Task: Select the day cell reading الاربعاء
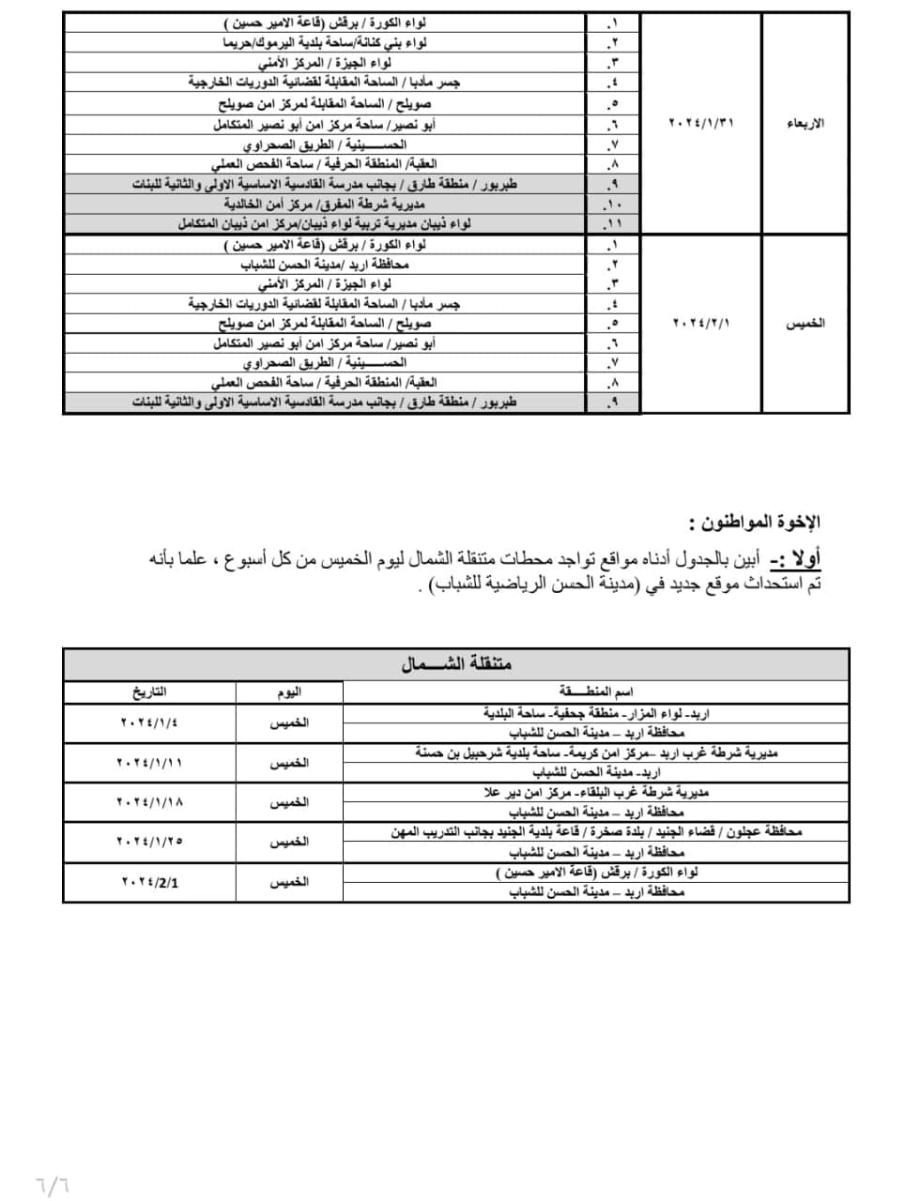805,124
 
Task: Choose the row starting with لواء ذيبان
325,224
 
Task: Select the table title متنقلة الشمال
456,664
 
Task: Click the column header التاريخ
148,692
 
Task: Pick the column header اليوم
289,692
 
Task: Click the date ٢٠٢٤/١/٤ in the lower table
149,722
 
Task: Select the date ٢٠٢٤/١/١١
149,763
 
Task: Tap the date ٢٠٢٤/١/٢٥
149,842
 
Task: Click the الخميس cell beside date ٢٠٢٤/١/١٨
289,802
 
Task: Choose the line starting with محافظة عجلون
596,831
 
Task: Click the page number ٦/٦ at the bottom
54,1176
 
